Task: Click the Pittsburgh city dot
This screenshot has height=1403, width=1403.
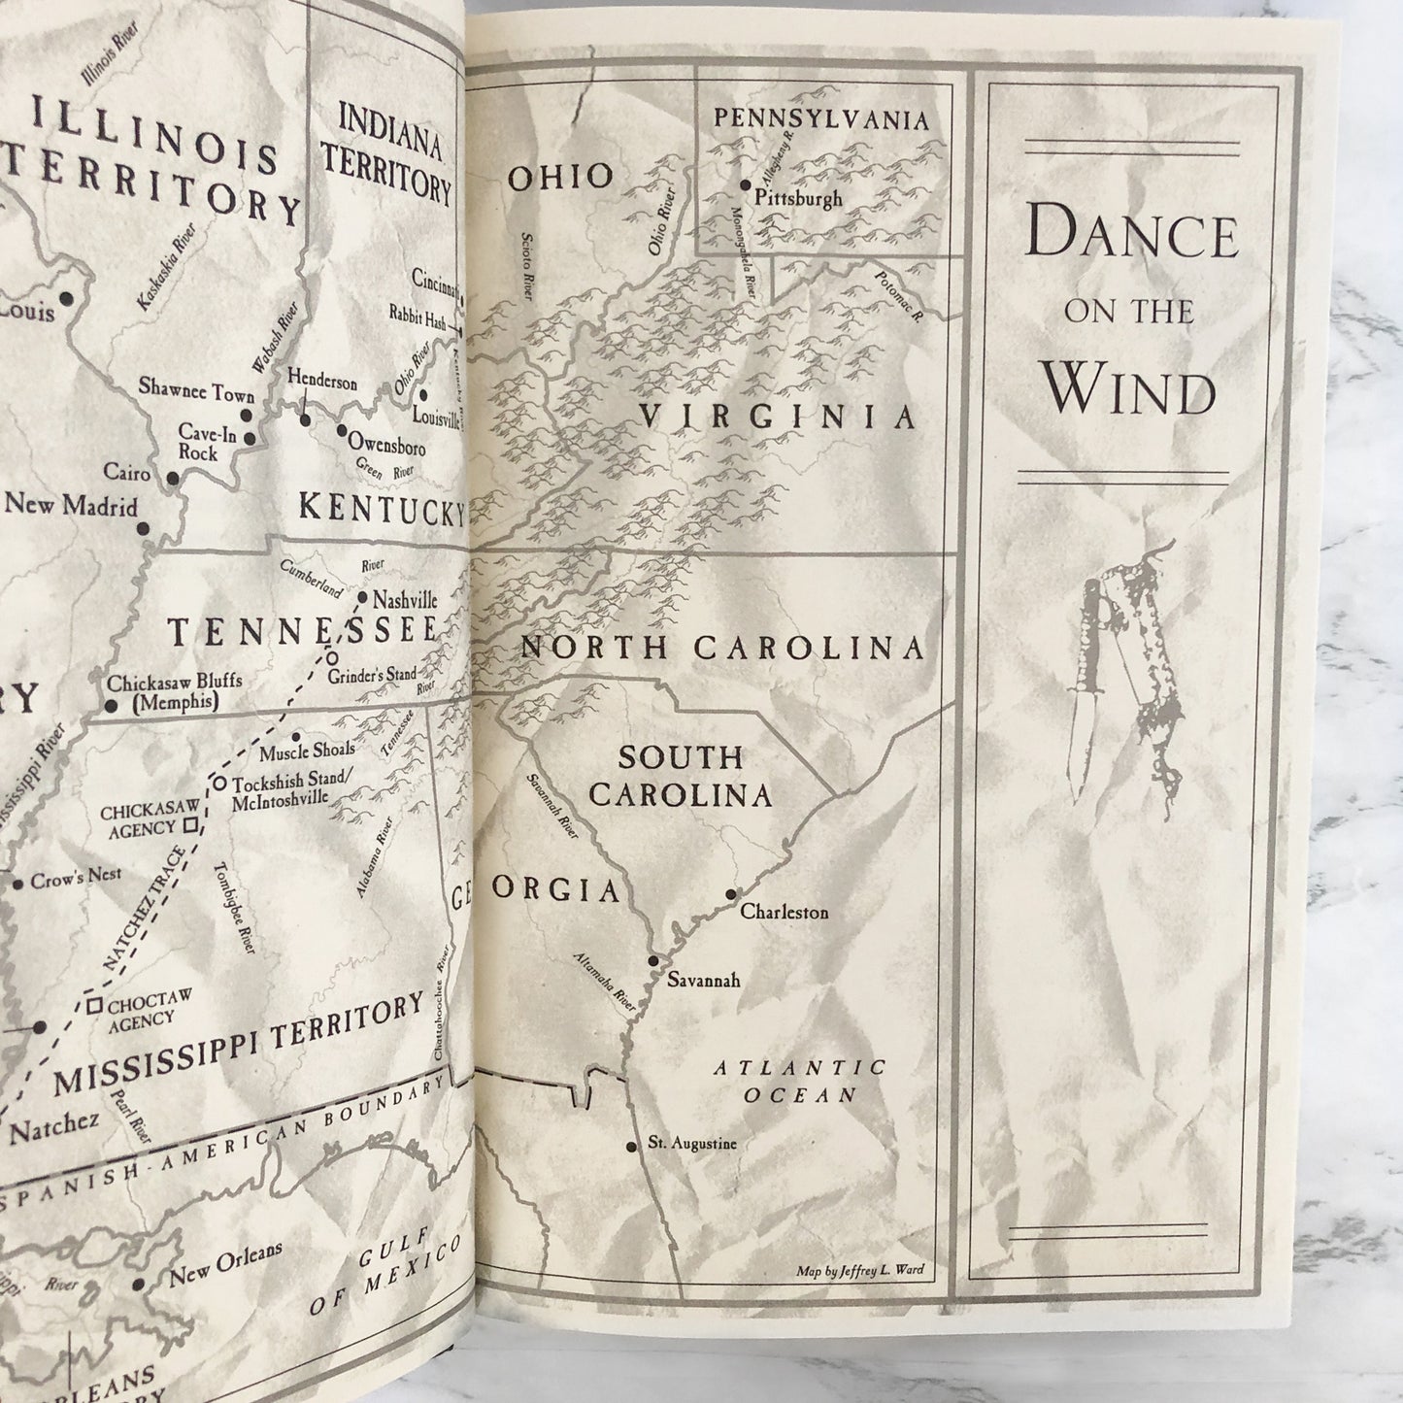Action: (x=746, y=184)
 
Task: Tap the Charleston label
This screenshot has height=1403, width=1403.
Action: (x=784, y=913)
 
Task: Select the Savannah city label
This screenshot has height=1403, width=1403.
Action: (x=704, y=981)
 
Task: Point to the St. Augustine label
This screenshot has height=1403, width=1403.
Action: (x=692, y=1144)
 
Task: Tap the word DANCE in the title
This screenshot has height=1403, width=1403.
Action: (x=1132, y=236)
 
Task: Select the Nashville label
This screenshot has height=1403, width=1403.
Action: (x=405, y=600)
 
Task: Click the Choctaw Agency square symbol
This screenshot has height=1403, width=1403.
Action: (x=94, y=1007)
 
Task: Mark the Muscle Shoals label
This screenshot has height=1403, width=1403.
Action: (x=306, y=751)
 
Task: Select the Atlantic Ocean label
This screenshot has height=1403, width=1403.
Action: (x=801, y=1081)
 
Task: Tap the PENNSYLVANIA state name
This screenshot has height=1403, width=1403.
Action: (x=821, y=120)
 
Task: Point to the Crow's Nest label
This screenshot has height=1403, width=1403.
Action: (x=76, y=875)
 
